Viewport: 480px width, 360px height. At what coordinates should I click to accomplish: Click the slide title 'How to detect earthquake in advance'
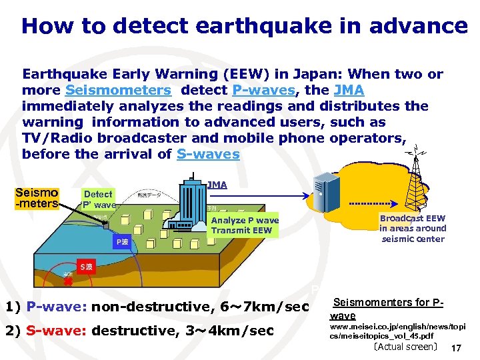click(x=244, y=26)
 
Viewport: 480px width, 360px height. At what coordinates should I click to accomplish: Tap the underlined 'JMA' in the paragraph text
click(x=349, y=90)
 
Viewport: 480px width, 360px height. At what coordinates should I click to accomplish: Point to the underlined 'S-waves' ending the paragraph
click(x=208, y=154)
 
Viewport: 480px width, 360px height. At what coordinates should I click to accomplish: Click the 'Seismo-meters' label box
click(x=37, y=197)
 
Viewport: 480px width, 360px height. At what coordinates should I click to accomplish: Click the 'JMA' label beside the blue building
click(x=217, y=185)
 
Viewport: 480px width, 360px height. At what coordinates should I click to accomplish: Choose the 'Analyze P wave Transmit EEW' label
click(x=245, y=225)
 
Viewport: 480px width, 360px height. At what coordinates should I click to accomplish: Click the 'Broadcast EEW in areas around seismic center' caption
click(x=413, y=229)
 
